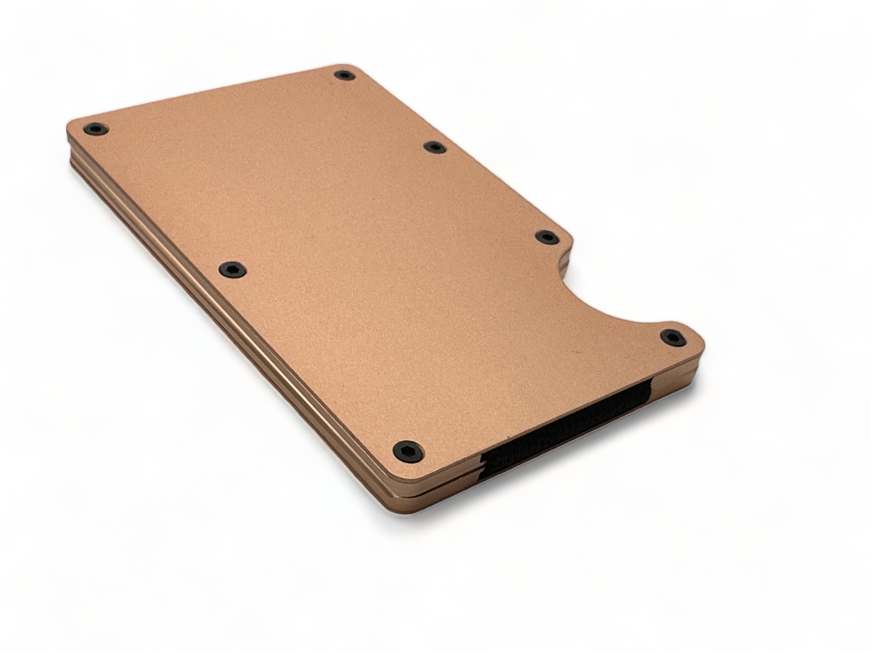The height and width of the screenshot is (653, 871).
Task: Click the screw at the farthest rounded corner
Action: (344, 75)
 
